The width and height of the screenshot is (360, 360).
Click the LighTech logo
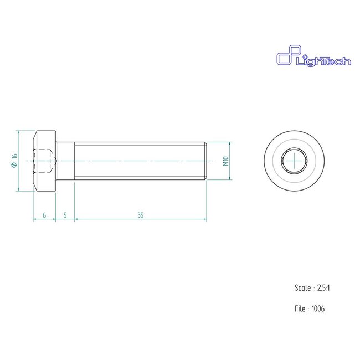[x=313, y=58]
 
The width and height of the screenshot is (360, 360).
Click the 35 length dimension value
[x=141, y=215]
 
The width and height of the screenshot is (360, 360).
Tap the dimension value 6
[x=44, y=215]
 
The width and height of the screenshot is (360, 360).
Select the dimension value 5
[x=65, y=215]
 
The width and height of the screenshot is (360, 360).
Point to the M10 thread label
[x=226, y=161]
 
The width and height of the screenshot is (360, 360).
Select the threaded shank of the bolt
[x=138, y=161]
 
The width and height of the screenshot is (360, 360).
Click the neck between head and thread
[x=65, y=161]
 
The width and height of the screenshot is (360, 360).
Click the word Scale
[x=302, y=288]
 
